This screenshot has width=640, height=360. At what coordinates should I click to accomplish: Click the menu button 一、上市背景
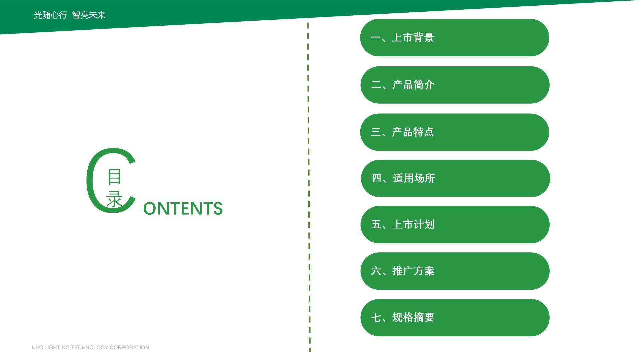455,38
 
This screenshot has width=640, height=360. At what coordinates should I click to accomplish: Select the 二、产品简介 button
455,85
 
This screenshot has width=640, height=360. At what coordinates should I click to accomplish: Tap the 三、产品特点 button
455,132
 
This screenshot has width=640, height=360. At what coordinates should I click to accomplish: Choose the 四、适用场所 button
455,178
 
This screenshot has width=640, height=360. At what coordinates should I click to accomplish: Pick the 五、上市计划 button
455,225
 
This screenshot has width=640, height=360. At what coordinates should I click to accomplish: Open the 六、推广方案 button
455,271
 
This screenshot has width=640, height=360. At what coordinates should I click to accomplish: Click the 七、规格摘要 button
455,318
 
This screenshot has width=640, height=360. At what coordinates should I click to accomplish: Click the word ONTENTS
183,209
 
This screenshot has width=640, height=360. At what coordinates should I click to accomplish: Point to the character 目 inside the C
114,177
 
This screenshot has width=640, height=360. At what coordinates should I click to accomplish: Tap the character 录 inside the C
114,199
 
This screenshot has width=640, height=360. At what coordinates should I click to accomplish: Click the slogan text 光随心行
51,15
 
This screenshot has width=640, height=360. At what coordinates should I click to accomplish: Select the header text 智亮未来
89,15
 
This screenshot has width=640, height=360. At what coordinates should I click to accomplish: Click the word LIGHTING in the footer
57,347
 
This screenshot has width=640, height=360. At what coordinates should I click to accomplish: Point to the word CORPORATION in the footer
129,347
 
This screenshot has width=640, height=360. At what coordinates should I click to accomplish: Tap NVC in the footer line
37,347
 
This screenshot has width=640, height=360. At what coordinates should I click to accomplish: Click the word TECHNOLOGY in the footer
90,347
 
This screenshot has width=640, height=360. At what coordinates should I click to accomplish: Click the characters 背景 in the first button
424,37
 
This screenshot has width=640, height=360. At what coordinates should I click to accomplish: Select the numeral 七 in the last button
376,317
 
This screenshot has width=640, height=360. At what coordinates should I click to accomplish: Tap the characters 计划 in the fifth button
424,224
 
